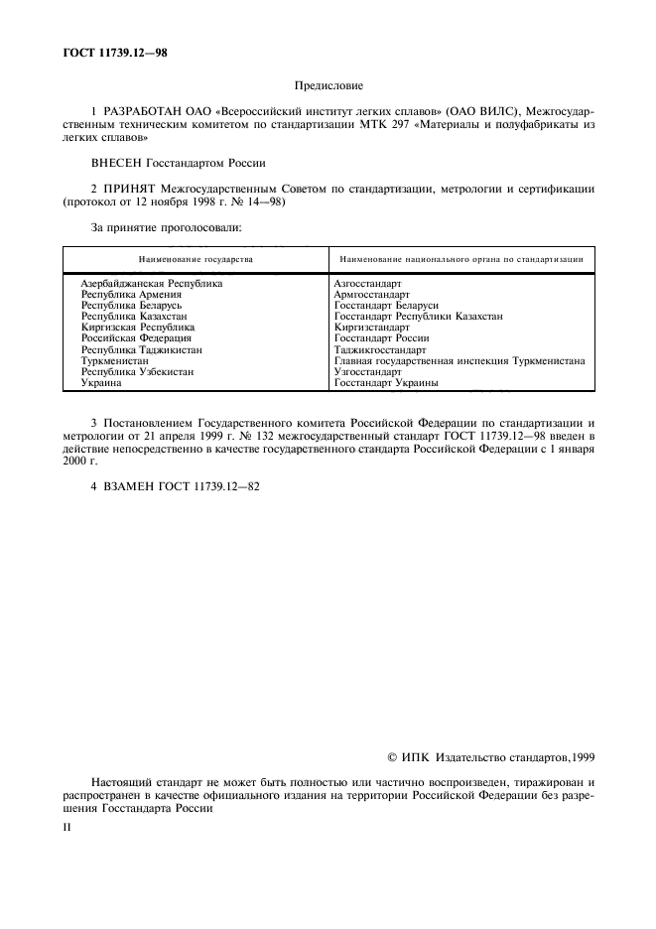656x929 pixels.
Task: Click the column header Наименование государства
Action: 196,259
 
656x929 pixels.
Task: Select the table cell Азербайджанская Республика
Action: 152,283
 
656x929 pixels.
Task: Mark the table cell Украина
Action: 101,383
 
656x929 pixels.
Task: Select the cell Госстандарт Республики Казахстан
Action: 418,316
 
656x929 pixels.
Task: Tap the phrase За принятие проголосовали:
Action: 153,227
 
